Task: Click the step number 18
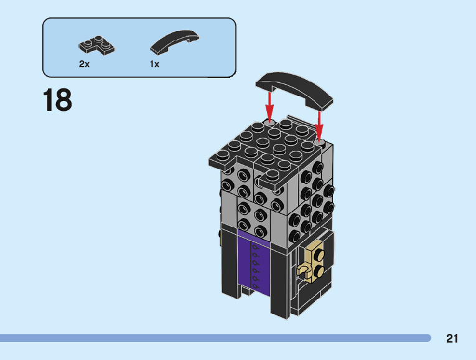click(x=57, y=100)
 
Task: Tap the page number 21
click(x=452, y=339)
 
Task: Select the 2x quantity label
click(x=84, y=64)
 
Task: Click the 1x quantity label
click(x=154, y=64)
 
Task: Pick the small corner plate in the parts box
click(x=96, y=45)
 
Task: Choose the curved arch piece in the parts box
click(x=175, y=41)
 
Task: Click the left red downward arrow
click(x=270, y=103)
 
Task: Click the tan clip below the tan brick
click(x=305, y=271)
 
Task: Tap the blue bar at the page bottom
click(x=215, y=338)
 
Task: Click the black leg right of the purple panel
click(x=278, y=280)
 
